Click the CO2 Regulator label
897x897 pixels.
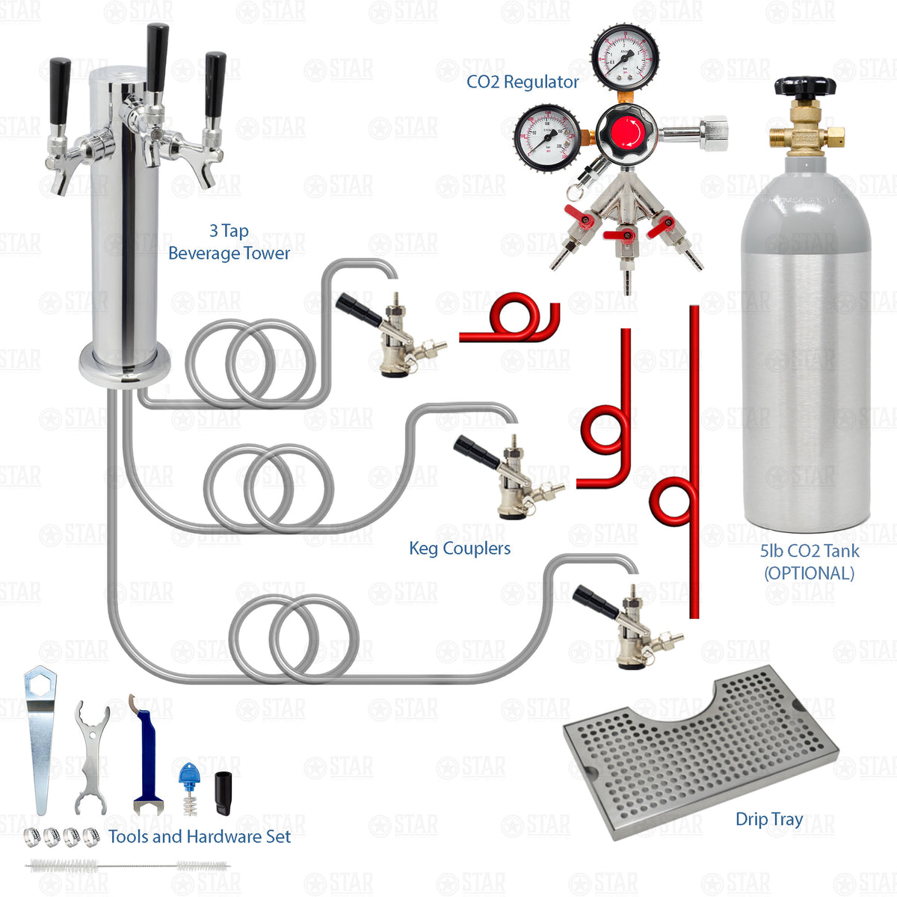point(523,82)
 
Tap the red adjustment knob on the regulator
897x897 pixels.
point(626,134)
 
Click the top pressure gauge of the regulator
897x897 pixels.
point(625,56)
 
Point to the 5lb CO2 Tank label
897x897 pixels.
point(810,552)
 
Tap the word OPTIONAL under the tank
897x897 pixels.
point(809,573)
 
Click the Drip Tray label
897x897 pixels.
point(769,819)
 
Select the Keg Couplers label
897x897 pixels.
point(460,549)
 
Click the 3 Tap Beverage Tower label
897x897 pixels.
point(229,242)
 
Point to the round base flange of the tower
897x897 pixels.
point(125,366)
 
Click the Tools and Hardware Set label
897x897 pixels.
point(200,836)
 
